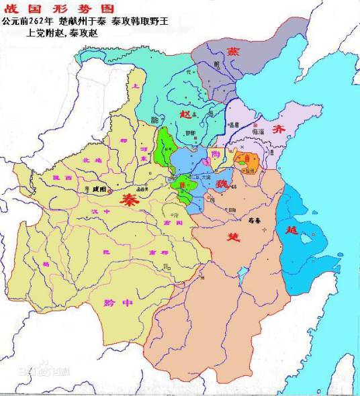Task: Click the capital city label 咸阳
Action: [99, 191]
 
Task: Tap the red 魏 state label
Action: [222, 182]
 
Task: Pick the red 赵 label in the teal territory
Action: [186, 115]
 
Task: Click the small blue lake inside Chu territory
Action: [241, 273]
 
